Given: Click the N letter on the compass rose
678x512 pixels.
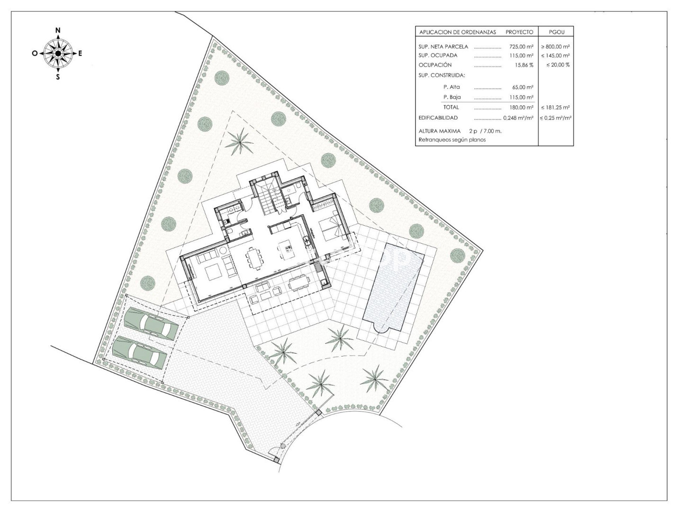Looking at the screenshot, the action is tap(58, 30).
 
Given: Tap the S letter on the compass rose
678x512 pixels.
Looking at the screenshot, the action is tap(58, 77).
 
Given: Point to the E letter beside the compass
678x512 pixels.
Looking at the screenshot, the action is tap(80, 54).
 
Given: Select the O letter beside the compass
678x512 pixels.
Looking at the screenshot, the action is tap(34, 54).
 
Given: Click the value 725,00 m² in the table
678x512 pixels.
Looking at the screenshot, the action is tap(521, 46).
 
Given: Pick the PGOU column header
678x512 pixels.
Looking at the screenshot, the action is tap(557, 32).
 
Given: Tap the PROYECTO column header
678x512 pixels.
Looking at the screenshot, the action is tap(519, 32).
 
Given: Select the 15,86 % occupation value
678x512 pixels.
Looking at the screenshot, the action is tap(524, 65).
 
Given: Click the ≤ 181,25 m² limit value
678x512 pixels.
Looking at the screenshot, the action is tap(555, 108).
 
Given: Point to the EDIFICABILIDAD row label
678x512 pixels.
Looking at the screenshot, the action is tap(438, 118).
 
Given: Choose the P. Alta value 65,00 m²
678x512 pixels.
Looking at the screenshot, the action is tap(523, 87).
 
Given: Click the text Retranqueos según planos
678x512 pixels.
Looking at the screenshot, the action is tap(452, 140).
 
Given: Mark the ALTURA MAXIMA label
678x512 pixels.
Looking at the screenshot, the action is tap(440, 131).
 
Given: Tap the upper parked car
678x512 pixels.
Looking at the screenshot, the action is tap(151, 323).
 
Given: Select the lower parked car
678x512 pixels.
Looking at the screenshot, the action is tap(140, 352).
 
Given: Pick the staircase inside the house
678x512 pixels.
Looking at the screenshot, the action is tap(269, 197).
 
